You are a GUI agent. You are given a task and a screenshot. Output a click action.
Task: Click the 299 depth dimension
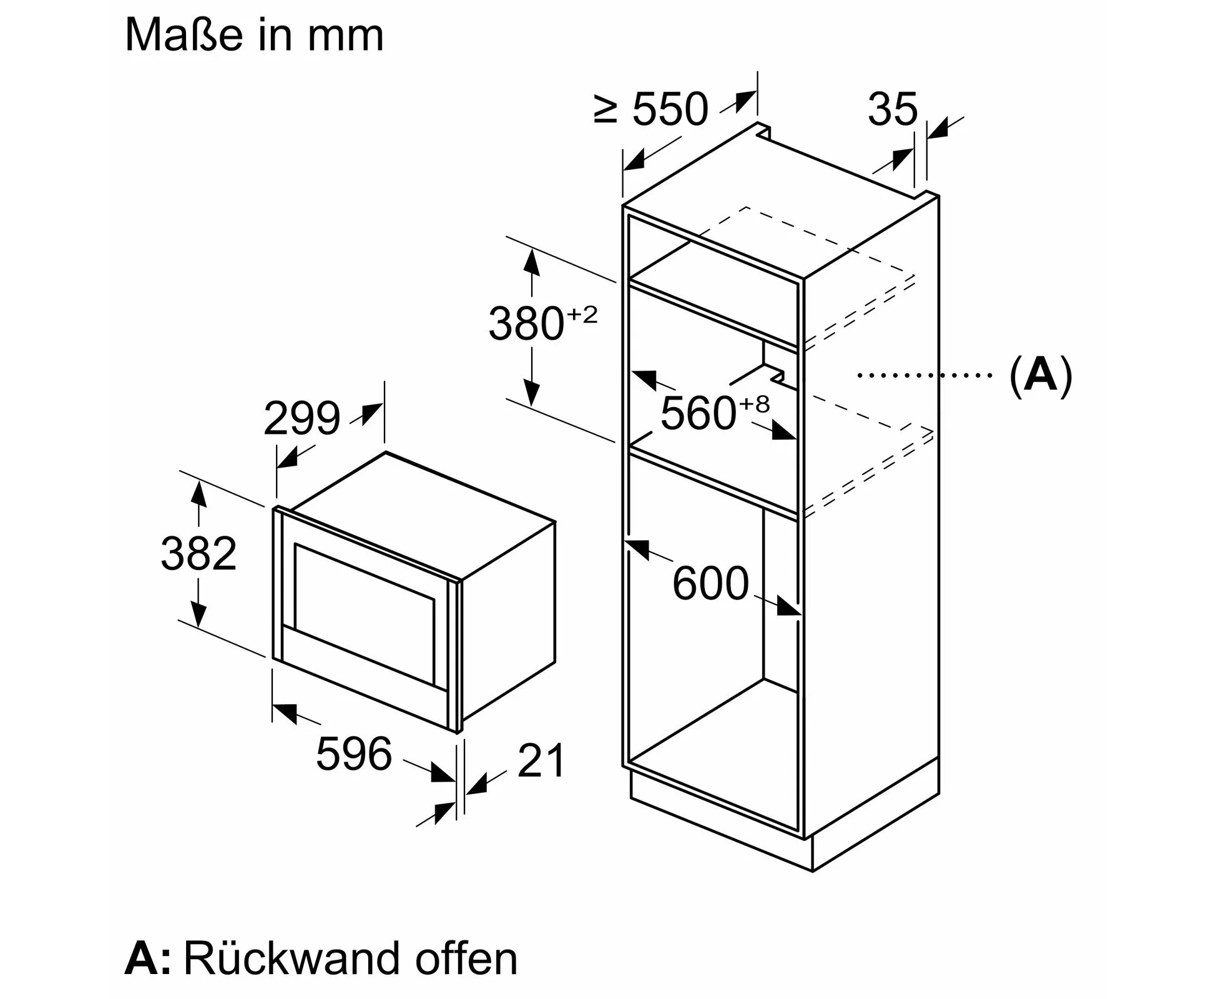[x=302, y=418]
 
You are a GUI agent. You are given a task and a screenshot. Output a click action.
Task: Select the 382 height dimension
[x=199, y=553]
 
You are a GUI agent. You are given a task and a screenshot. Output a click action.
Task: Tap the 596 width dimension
[x=354, y=754]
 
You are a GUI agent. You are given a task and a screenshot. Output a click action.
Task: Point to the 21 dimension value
[x=541, y=760]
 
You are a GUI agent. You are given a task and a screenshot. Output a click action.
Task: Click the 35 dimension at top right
[x=893, y=109]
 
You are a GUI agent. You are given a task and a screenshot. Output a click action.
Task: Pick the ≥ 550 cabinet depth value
[x=651, y=109]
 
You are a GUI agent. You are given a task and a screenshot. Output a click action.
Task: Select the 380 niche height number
[x=526, y=323]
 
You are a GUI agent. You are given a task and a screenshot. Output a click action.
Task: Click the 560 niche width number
[x=699, y=413]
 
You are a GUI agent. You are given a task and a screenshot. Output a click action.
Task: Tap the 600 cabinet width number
[x=710, y=583]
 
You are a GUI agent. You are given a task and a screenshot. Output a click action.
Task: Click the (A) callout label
[x=1041, y=375]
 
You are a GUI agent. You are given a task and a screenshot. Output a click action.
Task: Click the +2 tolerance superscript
[x=582, y=314]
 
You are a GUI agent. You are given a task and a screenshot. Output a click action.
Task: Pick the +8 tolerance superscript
[x=755, y=405]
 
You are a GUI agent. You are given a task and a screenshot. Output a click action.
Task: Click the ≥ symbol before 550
[x=606, y=110]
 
